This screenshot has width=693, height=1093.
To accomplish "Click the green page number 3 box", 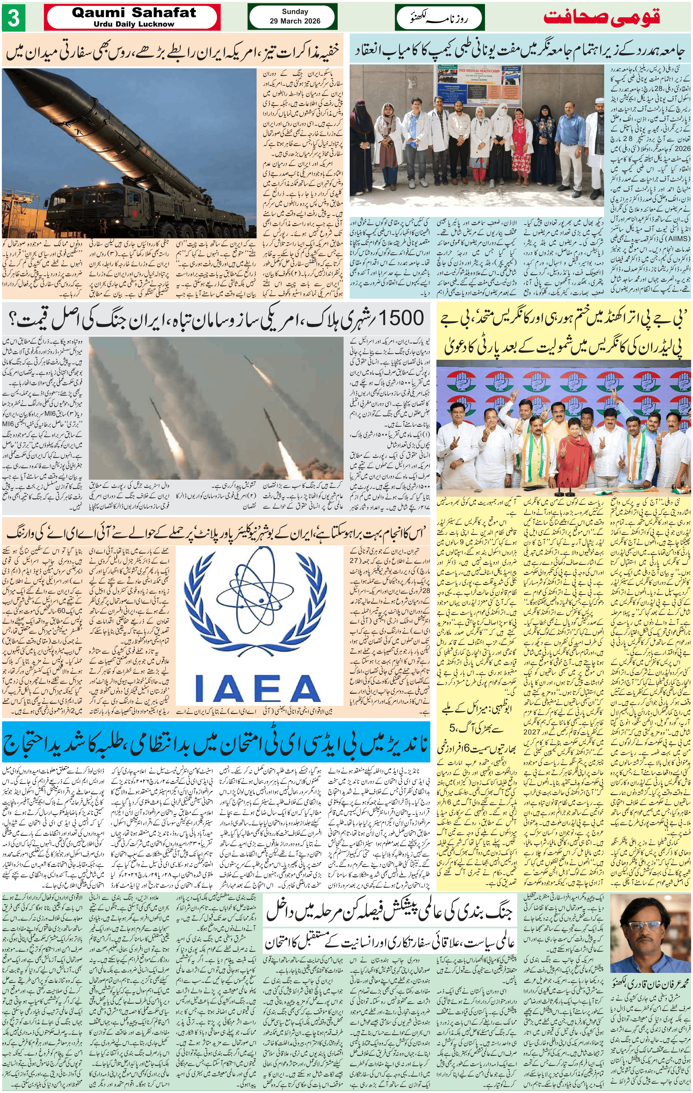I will [13, 18].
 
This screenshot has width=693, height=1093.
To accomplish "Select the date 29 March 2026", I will [295, 21].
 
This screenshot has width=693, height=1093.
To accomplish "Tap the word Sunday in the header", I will [295, 12].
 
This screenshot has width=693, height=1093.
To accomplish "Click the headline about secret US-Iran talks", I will [172, 51].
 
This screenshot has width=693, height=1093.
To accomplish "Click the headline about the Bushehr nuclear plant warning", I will [216, 535].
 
